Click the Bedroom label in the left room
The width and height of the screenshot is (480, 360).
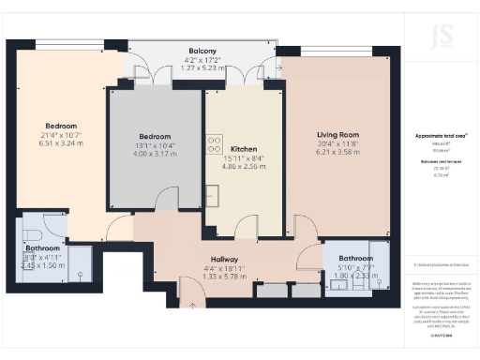pos(61,126)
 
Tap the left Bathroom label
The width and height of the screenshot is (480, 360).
pos(42,248)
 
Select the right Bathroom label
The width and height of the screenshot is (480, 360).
pos(355,258)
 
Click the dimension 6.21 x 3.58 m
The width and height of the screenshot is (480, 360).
pos(338,151)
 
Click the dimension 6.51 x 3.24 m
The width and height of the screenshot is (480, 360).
pos(61,144)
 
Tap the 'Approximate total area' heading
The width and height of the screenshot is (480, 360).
pos(441,136)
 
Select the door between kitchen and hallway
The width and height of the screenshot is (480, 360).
pos(246,225)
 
